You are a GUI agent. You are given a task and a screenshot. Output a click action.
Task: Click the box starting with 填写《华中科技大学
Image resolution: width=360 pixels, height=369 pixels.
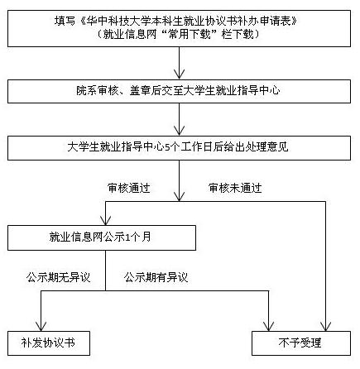(179, 28)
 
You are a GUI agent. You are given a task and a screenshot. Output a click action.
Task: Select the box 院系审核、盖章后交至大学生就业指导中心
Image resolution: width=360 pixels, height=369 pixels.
(179, 91)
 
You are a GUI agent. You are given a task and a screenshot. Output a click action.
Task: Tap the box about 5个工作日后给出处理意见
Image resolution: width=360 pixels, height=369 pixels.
(179, 148)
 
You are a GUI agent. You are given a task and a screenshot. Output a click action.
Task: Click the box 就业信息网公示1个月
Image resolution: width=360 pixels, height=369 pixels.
(102, 237)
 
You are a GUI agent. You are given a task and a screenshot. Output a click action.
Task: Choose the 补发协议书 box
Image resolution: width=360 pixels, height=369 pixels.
(49, 343)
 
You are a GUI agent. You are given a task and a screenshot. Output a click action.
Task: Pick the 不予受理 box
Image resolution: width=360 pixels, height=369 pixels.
(301, 343)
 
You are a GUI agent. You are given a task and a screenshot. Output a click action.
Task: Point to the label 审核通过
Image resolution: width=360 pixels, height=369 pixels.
(129, 188)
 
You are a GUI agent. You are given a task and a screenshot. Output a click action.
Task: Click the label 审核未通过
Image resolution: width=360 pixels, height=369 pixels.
(235, 188)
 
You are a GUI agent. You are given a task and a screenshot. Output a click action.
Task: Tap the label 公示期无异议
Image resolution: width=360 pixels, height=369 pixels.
(59, 277)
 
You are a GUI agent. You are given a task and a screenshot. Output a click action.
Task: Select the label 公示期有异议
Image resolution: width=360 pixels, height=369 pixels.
(156, 277)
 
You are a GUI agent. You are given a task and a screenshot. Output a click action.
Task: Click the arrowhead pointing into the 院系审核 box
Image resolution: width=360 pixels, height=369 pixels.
(180, 75)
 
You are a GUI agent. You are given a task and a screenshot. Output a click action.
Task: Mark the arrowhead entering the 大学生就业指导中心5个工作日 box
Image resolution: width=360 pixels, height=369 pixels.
(180, 131)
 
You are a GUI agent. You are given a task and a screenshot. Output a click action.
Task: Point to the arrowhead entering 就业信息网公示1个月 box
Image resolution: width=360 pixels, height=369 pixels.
(106, 221)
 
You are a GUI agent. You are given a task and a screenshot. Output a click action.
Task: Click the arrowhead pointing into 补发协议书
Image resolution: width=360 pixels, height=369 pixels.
(41, 326)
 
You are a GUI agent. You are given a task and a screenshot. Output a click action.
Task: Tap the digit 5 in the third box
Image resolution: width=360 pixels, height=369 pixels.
(167, 147)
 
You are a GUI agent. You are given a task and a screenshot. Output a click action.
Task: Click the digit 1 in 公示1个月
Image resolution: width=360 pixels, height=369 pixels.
(127, 237)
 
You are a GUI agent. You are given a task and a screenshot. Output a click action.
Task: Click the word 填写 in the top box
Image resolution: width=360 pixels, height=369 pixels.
(65, 21)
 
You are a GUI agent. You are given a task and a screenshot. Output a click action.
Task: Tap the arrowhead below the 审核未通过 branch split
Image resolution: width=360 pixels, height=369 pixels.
(326, 326)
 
